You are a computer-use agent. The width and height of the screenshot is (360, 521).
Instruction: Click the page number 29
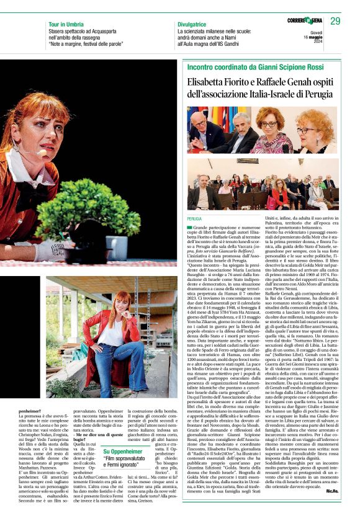[336, 21]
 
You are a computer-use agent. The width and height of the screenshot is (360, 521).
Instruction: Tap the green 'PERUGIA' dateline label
[194, 219]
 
